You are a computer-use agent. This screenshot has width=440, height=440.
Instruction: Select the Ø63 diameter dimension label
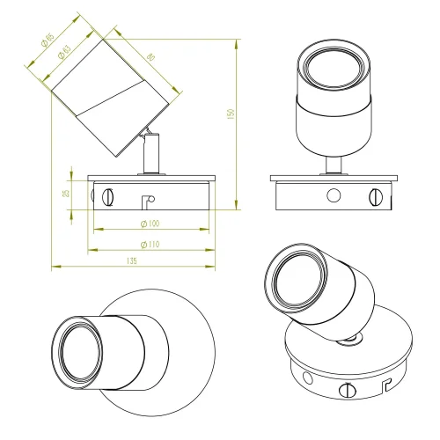(x=62, y=53)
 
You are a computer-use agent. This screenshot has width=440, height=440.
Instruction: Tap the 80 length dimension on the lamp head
(x=153, y=56)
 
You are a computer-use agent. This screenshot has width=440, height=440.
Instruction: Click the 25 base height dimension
(x=77, y=193)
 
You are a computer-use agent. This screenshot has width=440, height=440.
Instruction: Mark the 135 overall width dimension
(x=133, y=261)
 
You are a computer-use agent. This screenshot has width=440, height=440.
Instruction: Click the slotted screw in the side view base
(x=108, y=194)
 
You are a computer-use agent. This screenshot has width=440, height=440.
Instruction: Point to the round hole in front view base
(x=333, y=194)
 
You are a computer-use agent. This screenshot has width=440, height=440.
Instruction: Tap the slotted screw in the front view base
(x=378, y=194)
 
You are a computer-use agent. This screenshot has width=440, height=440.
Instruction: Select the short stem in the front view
(x=334, y=165)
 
